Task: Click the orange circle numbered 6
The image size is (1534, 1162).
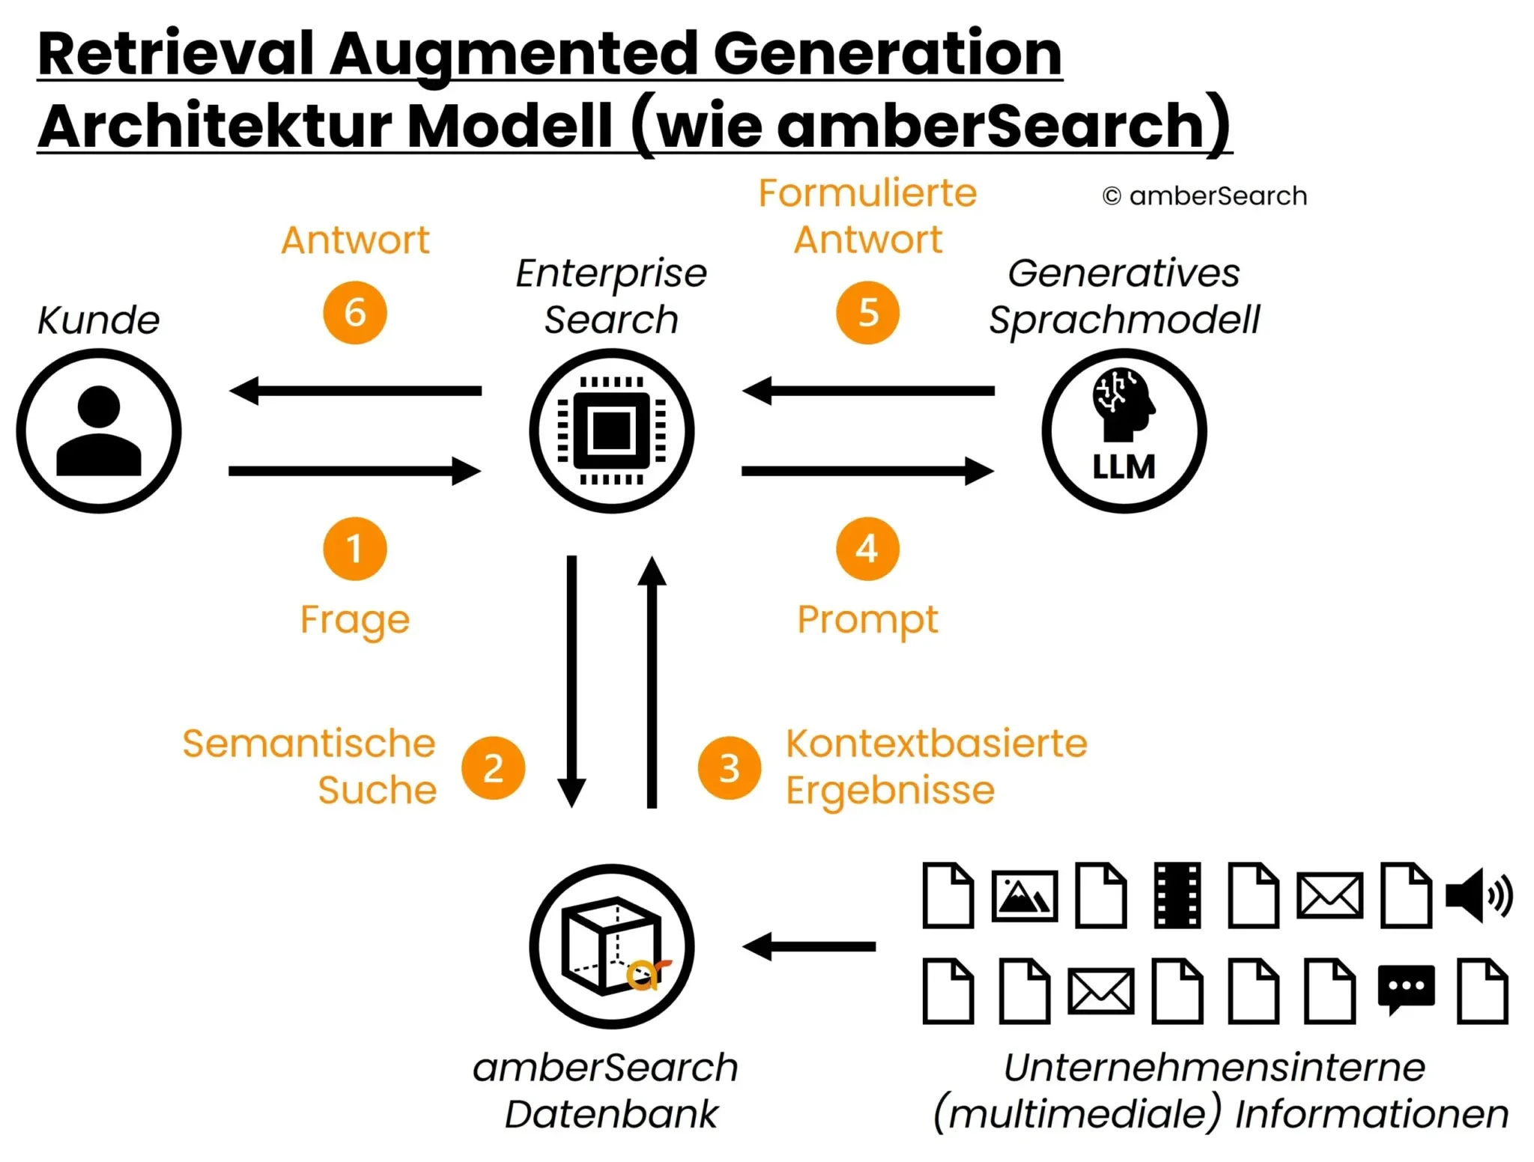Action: click(355, 312)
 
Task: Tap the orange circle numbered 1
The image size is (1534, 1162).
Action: click(355, 548)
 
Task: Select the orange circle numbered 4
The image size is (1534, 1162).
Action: click(867, 548)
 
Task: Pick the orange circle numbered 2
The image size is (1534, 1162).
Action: click(493, 767)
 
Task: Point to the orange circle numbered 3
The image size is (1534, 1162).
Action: click(729, 767)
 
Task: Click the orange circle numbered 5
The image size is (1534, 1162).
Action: click(867, 312)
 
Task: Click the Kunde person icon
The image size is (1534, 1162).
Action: click(99, 431)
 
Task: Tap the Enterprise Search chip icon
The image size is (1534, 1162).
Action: click(611, 431)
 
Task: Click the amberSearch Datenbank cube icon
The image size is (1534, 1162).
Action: click(611, 946)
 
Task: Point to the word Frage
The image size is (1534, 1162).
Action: click(355, 620)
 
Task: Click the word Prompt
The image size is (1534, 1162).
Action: click(867, 620)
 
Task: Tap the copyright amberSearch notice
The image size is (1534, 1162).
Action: click(1204, 196)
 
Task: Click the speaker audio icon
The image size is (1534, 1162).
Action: click(1478, 895)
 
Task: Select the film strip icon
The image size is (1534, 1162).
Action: click(1177, 895)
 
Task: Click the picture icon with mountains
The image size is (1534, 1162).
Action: click(1024, 895)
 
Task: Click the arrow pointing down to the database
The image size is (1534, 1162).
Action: click(572, 681)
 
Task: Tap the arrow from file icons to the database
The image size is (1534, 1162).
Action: click(809, 946)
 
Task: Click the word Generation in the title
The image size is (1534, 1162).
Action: click(888, 54)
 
